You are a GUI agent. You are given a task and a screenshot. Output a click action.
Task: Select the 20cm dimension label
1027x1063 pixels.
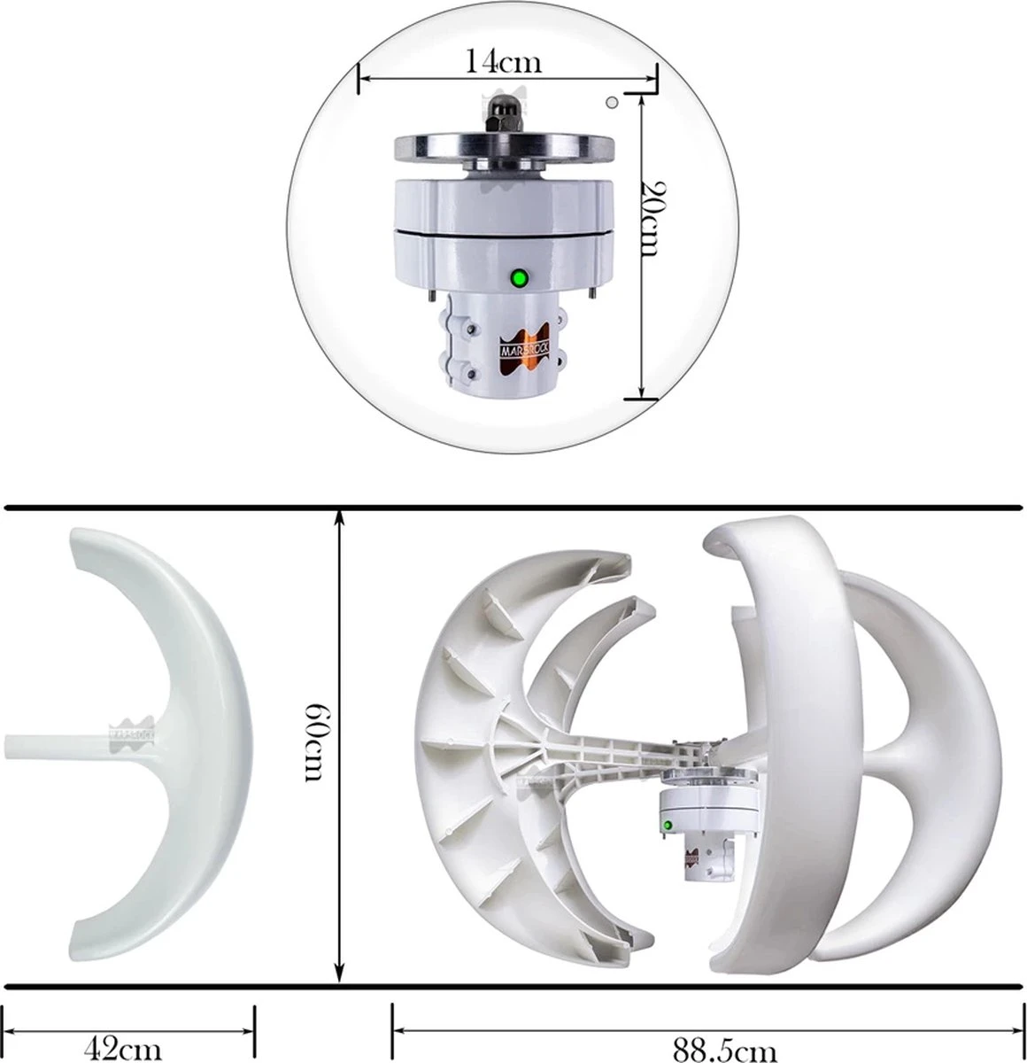pos(652,218)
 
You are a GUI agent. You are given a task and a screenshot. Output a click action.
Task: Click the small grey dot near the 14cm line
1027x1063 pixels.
pos(610,103)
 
